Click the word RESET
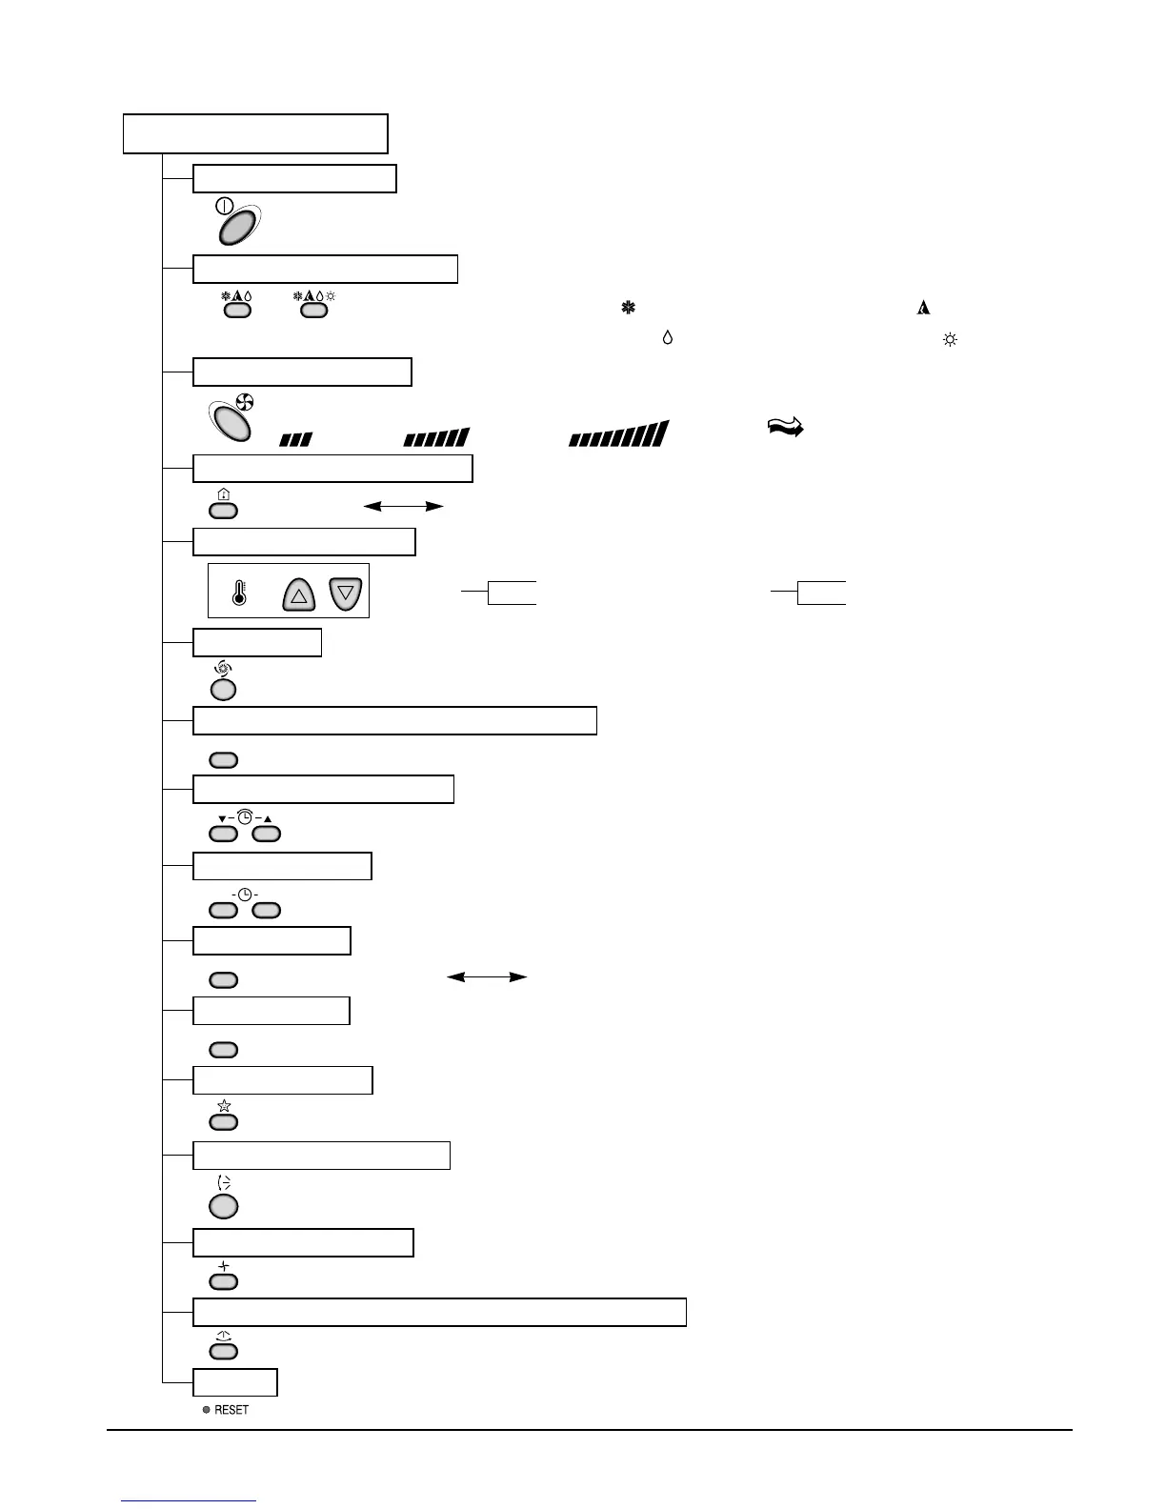click(x=231, y=1410)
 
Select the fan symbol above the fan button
click(x=245, y=403)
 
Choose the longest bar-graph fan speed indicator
click(x=618, y=434)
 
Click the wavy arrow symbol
click(x=786, y=429)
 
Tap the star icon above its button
click(x=224, y=1106)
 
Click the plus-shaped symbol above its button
click(x=224, y=1266)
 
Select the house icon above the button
click(x=223, y=494)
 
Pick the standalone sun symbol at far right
click(x=949, y=339)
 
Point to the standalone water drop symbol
click(x=667, y=338)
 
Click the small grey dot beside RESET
click(x=206, y=1410)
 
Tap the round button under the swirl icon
click(x=223, y=689)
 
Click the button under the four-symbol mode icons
click(x=313, y=310)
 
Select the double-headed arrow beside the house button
click(x=404, y=507)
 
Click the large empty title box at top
click(x=255, y=133)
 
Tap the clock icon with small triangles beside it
click(x=245, y=817)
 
